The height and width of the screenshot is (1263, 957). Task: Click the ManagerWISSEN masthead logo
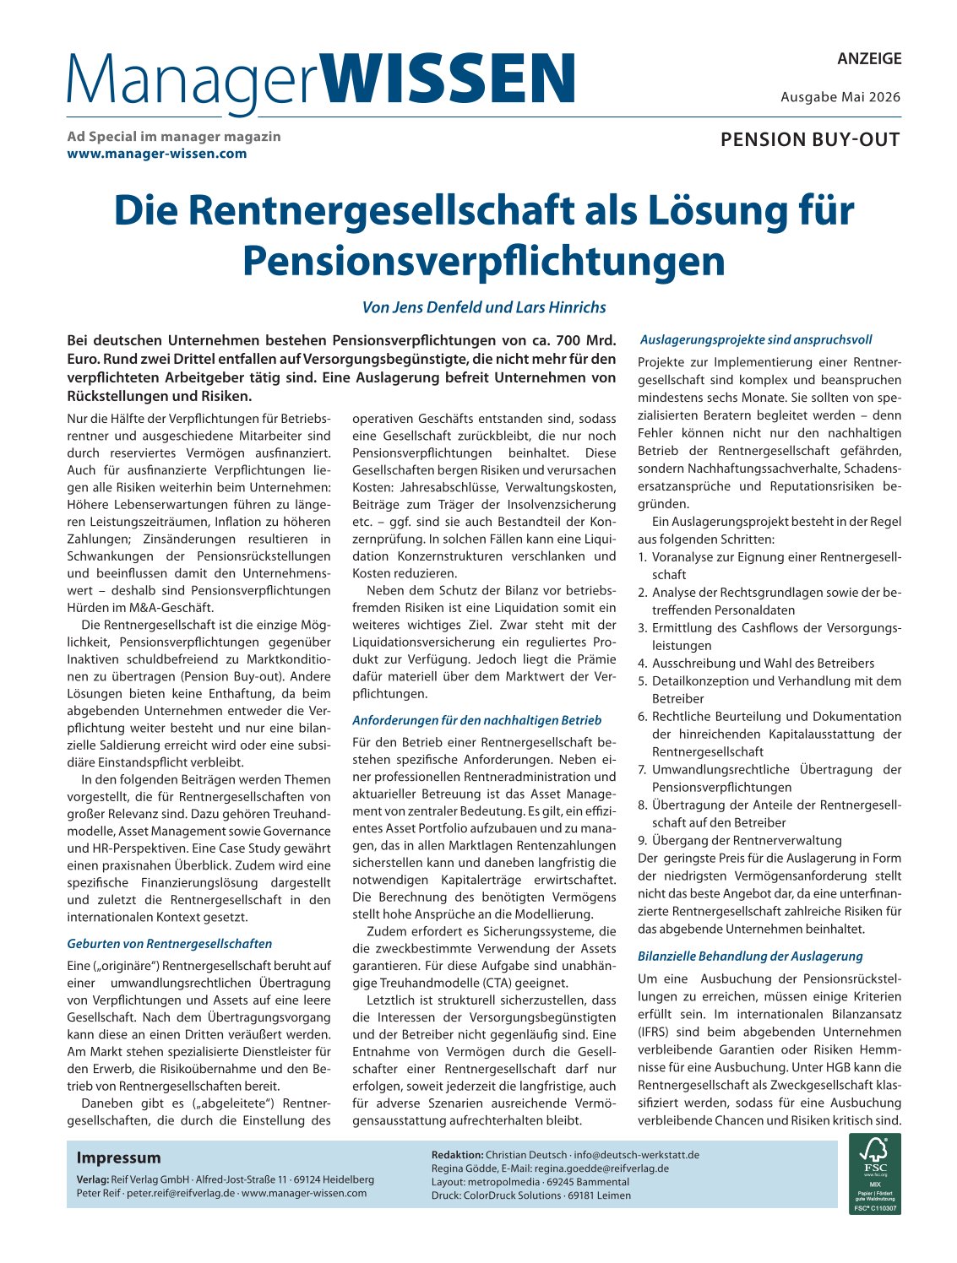pos(321,80)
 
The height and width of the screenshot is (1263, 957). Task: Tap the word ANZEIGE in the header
pos(869,59)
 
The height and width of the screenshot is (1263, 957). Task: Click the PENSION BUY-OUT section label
pos(810,140)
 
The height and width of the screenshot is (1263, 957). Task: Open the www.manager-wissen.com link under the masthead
pos(157,154)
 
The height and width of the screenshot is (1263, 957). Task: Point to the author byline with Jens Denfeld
pos(484,307)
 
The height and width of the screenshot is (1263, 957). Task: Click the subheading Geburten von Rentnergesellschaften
pos(170,943)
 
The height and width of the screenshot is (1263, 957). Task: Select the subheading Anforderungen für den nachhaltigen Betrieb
pos(477,720)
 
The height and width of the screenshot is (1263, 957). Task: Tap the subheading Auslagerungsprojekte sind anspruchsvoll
pos(756,339)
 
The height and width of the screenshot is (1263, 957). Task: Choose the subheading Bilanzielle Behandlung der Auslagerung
pos(750,956)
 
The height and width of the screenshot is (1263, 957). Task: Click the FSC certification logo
pos(874,1174)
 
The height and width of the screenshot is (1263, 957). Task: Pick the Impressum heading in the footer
pos(118,1157)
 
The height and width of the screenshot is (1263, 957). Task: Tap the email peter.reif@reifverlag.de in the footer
pos(181,1193)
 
